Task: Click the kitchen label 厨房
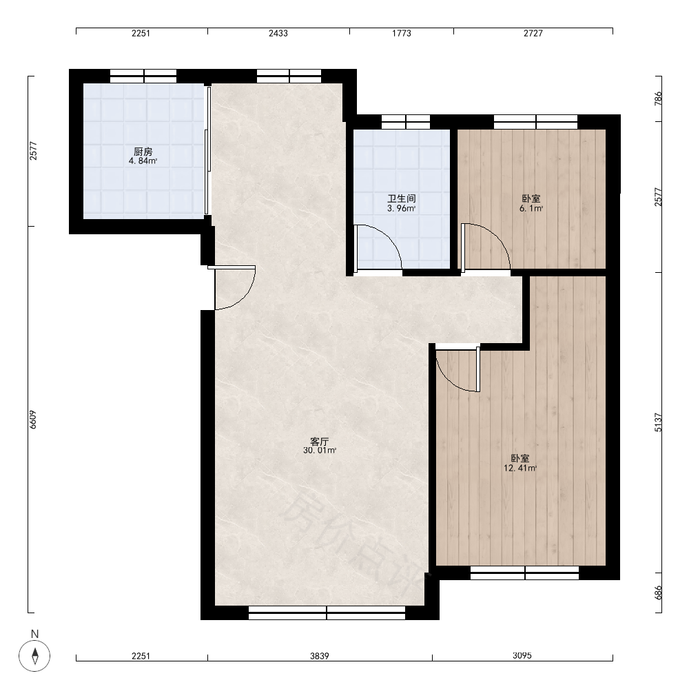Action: [x=143, y=152]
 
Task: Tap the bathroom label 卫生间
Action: [x=401, y=199]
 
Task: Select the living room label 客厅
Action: [x=320, y=442]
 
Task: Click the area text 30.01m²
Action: [x=320, y=451]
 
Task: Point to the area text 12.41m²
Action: [x=520, y=469]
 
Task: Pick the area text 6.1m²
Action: [x=531, y=209]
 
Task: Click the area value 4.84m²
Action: [x=143, y=161]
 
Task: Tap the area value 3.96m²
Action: [x=401, y=209]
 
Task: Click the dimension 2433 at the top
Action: [x=278, y=33]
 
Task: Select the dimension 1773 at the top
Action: [x=402, y=33]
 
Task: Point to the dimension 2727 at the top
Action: [x=533, y=33]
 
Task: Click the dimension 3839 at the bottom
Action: [x=320, y=656]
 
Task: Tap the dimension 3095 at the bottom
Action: [x=522, y=656]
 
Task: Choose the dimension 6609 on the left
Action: [x=33, y=420]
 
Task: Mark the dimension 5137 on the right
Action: [x=658, y=423]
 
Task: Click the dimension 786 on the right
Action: [x=658, y=99]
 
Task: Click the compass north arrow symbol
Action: [x=34, y=656]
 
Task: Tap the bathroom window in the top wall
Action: [x=406, y=122]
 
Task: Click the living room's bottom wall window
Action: [x=327, y=613]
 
